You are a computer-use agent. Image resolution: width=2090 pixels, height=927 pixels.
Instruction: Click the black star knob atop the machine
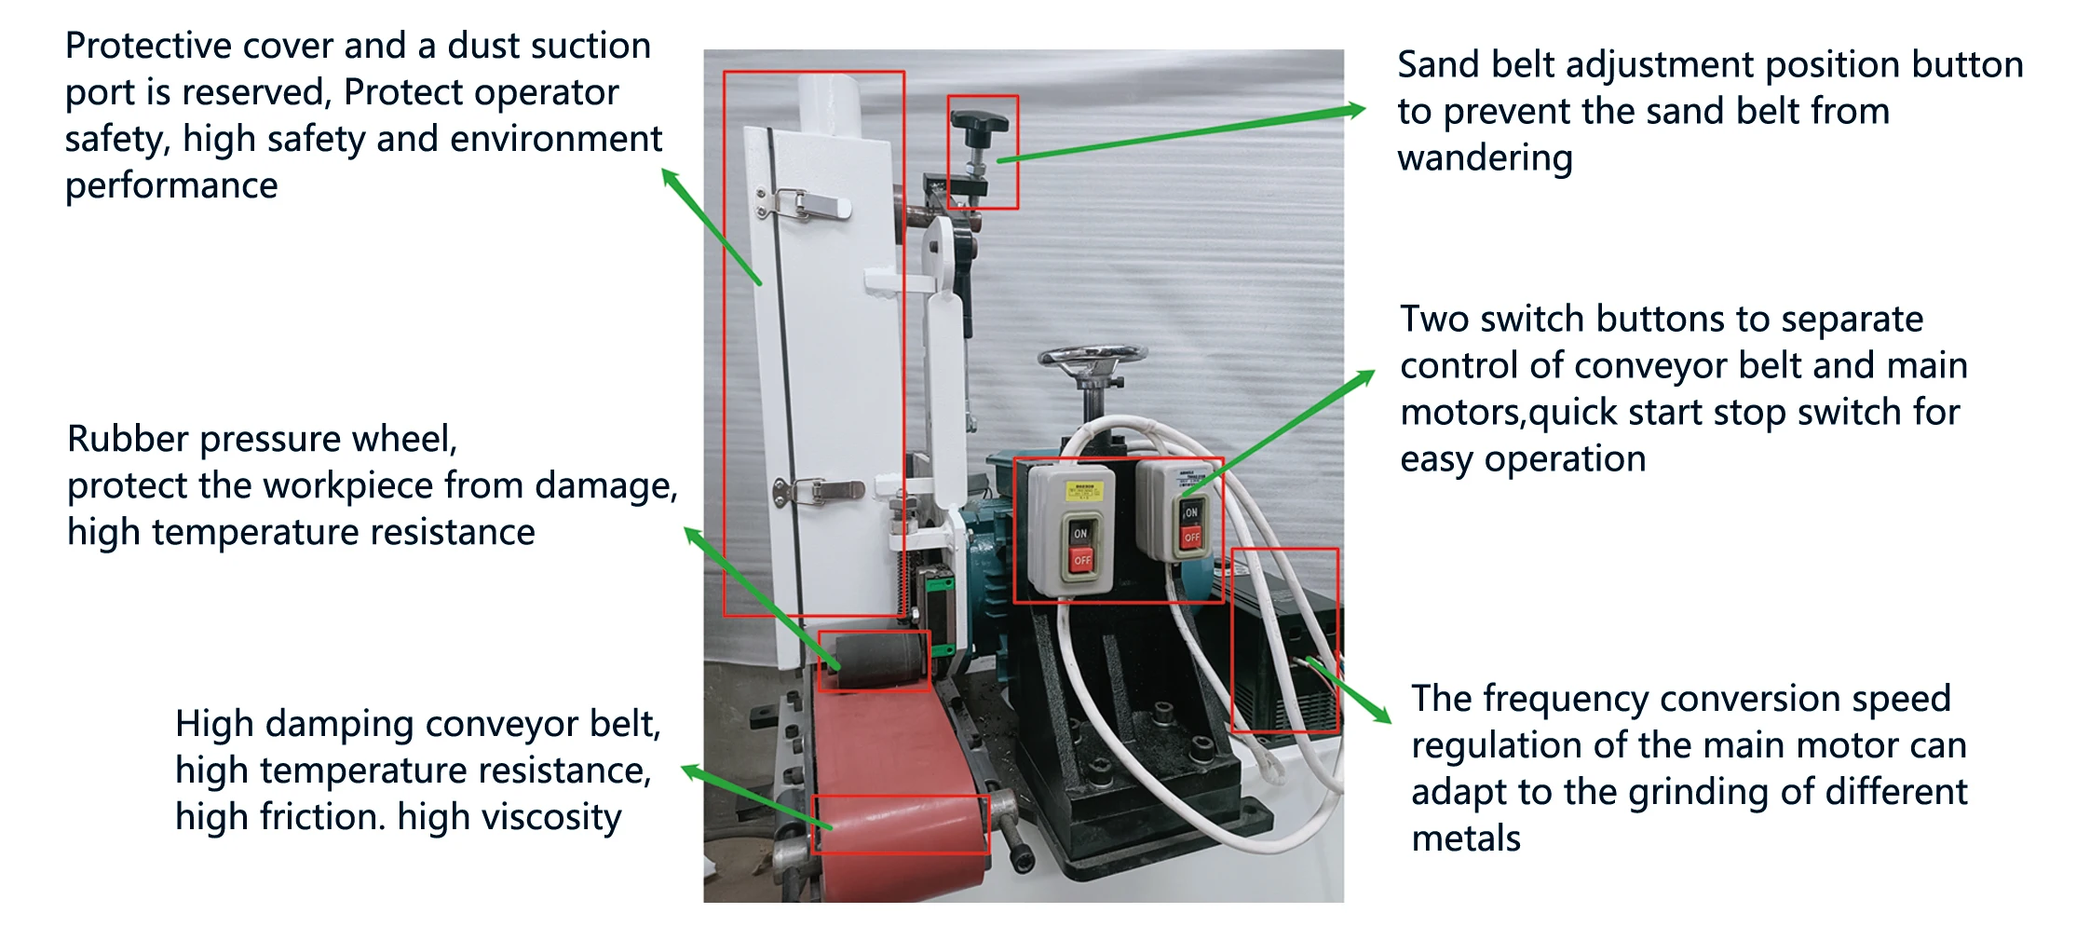[979, 122]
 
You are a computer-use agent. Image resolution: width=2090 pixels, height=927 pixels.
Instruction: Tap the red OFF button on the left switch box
[1081, 560]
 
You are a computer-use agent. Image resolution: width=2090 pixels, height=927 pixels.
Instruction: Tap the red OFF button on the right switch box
[1192, 537]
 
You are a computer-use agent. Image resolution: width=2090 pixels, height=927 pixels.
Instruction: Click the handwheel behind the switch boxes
[1092, 357]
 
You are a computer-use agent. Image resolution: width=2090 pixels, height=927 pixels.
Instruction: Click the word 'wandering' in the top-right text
[1485, 158]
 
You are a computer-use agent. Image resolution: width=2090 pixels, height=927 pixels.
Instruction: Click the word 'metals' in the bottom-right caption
[1465, 838]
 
